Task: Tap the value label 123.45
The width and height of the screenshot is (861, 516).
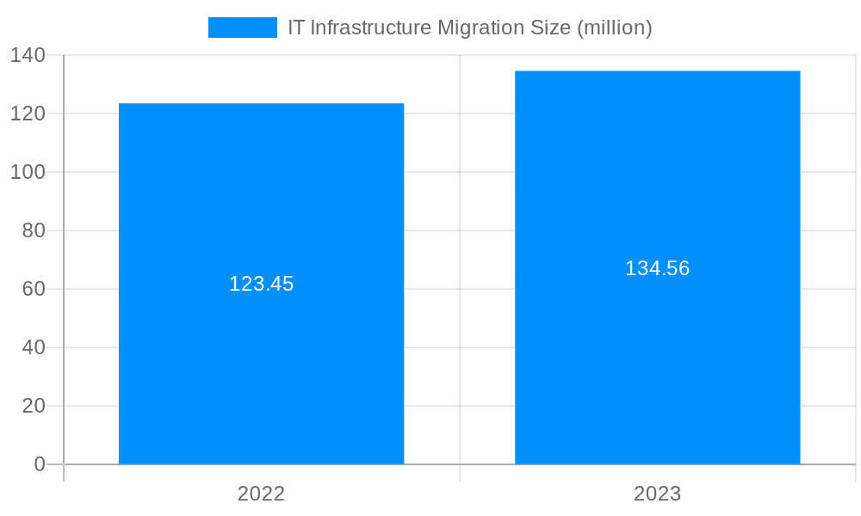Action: [x=261, y=284]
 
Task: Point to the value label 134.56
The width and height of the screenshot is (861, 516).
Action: [x=657, y=268]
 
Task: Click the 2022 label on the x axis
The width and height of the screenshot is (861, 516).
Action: [x=261, y=494]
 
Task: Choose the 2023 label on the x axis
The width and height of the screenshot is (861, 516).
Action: [x=657, y=494]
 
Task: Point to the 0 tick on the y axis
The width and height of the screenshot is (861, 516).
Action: [x=40, y=464]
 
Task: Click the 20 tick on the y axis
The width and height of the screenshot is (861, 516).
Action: [x=34, y=406]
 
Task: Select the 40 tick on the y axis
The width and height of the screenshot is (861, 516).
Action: [x=34, y=347]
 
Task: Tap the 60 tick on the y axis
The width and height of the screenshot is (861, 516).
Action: [x=34, y=289]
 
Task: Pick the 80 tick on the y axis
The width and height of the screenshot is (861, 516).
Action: [x=34, y=230]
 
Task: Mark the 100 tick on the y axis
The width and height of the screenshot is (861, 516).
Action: [x=28, y=172]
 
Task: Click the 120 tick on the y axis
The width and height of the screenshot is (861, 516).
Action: [x=28, y=114]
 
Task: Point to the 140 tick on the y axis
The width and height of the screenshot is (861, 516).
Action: [x=28, y=55]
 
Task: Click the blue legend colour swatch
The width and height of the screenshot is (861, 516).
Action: [x=242, y=28]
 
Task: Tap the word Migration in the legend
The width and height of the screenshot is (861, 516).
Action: [x=479, y=28]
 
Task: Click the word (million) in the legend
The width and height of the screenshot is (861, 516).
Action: [x=614, y=28]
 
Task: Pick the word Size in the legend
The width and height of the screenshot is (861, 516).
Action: [x=551, y=28]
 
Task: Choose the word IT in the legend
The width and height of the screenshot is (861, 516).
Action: [x=295, y=28]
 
